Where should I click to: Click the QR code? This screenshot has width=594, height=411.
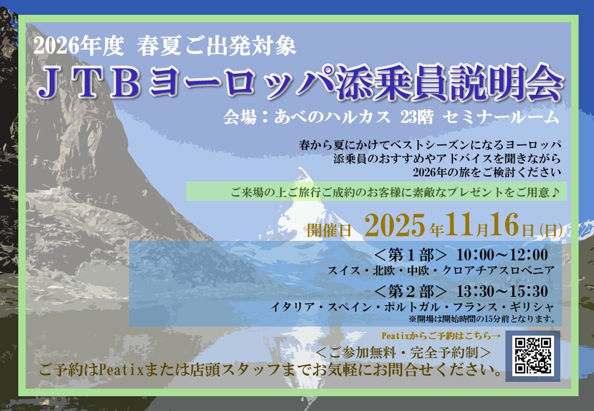(533, 356)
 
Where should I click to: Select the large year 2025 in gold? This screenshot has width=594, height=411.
(395, 225)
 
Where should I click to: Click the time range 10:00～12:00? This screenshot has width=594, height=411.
(502, 255)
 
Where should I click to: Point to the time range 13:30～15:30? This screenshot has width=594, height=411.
(502, 291)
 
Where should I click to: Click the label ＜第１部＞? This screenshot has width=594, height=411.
(411, 255)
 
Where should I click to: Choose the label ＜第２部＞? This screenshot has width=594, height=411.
(411, 291)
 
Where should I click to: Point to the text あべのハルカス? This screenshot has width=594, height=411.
(332, 116)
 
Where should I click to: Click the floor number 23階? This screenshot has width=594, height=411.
(417, 116)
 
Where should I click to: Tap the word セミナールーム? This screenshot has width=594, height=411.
(501, 116)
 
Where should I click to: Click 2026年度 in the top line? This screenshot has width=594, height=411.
(79, 47)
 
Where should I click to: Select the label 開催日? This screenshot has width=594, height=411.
(329, 229)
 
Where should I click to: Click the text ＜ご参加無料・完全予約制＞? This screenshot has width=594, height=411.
(403, 353)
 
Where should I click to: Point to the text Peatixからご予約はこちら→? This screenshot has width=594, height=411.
(442, 336)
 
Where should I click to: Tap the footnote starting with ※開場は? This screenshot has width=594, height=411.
(482, 319)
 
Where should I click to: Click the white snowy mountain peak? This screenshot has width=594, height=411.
(303, 197)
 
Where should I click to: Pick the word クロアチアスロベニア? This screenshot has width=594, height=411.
(498, 271)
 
